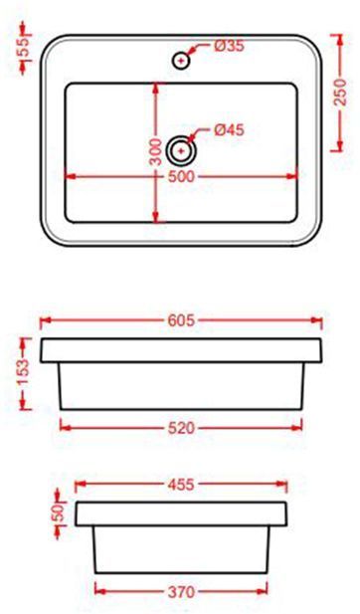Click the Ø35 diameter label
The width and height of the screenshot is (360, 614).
pos(230,46)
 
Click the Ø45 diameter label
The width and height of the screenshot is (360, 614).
pos(230,129)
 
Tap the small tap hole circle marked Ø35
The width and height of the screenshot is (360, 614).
pos(181,60)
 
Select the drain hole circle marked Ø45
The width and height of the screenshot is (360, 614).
pos(181,151)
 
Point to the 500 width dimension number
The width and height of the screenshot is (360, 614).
pos(181,176)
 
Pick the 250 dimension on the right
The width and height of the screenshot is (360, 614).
pos(341,96)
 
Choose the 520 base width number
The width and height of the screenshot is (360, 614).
pos(181,428)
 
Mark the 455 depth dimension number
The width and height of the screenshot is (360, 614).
pos(181,486)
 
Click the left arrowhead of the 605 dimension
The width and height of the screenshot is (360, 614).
pos(44,320)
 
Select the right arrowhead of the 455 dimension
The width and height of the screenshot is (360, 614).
pos(283,486)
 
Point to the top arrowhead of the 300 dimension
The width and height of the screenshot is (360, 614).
pos(156,88)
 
